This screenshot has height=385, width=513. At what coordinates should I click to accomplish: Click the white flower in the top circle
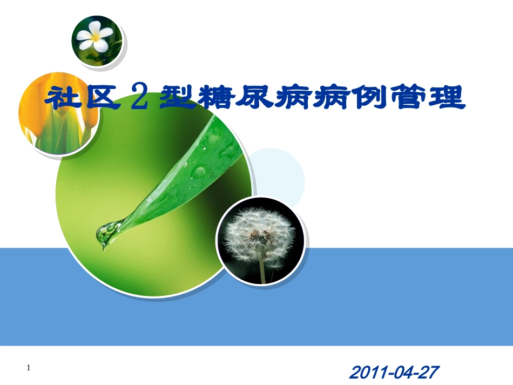(95, 37)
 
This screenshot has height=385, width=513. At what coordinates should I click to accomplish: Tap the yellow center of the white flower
(97, 38)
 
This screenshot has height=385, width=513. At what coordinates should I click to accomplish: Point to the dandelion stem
(262, 270)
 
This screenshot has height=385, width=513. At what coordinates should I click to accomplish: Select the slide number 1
(29, 368)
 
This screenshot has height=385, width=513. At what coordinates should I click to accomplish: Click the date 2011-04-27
(394, 373)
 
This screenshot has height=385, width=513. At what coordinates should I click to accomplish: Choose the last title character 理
(446, 99)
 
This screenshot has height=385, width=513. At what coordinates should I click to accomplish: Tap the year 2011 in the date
(364, 373)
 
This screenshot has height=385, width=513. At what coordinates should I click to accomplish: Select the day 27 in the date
(429, 373)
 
